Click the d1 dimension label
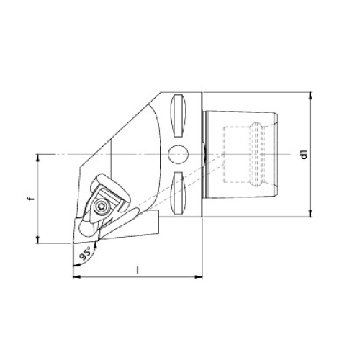point(305,154)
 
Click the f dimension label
point(30,199)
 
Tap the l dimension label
point(138,271)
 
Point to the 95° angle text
point(85,253)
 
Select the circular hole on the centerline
point(178,155)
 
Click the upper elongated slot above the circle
point(178,116)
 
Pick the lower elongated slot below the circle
point(178,193)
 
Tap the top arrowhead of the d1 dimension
point(311,96)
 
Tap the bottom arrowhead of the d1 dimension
point(311,213)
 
